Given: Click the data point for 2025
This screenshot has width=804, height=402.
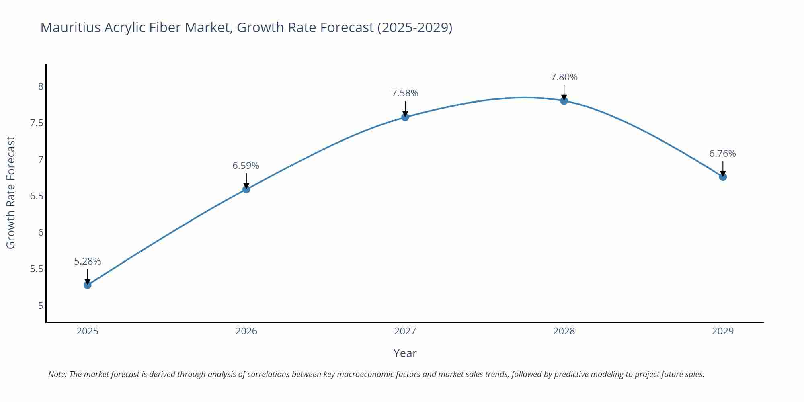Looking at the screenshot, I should point(87,285).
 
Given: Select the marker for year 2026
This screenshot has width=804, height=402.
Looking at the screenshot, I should point(246,189).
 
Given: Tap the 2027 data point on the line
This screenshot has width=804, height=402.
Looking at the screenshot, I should point(405,117).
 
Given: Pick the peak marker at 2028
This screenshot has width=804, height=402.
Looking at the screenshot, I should point(564,100).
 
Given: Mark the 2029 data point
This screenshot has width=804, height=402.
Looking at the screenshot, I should point(723,177).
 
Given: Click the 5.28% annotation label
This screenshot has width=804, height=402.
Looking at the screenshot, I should point(87,261).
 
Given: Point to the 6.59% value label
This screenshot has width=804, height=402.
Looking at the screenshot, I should point(246,166).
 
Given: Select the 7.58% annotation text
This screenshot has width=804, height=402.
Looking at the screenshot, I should point(405,93).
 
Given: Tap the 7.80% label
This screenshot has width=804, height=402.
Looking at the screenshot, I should point(564,77).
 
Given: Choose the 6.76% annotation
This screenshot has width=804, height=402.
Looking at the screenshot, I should point(722,154).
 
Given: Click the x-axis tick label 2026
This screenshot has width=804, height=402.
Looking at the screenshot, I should point(246,331).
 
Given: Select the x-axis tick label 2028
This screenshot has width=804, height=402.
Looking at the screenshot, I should point(564,331).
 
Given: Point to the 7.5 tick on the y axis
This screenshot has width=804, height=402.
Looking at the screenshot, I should point(37,123).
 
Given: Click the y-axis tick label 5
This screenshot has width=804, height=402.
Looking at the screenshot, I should point(41,306).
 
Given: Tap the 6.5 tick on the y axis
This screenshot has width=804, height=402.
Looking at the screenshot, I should point(37,196).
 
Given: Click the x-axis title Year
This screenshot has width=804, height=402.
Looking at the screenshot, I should point(405,353).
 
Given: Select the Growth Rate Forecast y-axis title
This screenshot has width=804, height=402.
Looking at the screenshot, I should point(11,193).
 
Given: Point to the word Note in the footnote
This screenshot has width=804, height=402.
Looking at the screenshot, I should point(57,374).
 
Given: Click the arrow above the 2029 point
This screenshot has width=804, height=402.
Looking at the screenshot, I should point(723,168).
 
